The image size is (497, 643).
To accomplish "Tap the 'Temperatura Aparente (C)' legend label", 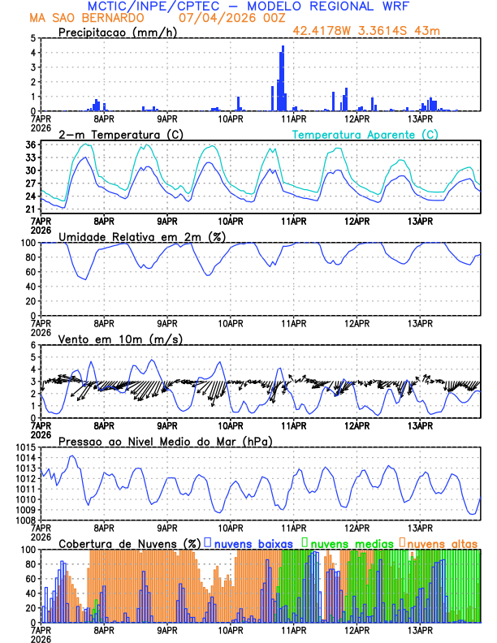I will (365, 134).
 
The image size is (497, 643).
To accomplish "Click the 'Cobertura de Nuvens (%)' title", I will (129, 542).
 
